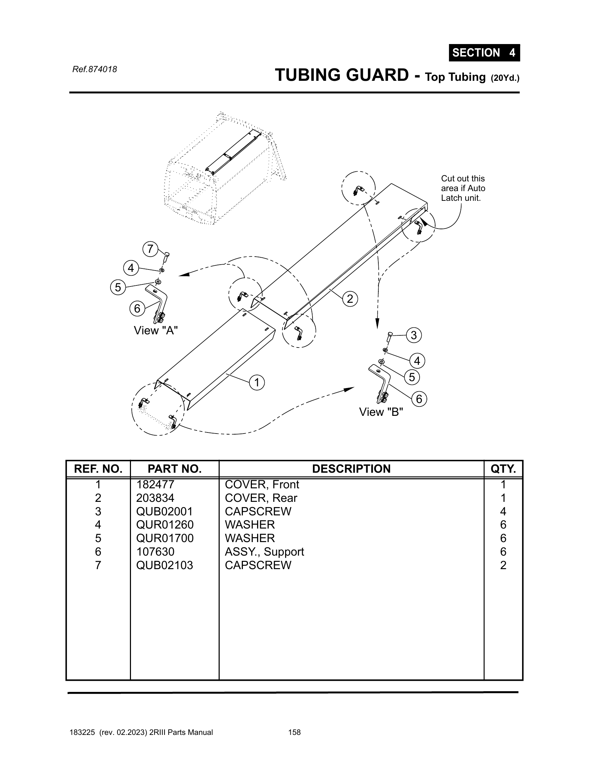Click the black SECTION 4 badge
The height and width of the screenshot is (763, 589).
tap(484, 53)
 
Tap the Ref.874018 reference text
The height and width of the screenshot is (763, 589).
tap(95, 69)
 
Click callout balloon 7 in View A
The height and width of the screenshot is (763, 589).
tap(150, 249)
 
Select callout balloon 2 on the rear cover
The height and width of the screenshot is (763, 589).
tap(350, 299)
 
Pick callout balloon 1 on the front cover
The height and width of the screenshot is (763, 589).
tap(257, 383)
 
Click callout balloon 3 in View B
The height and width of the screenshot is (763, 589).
tap(413, 335)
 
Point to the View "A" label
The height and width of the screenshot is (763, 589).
tap(156, 331)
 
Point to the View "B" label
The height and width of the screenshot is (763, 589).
tap(381, 412)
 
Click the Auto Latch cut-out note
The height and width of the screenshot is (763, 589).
tap(463, 188)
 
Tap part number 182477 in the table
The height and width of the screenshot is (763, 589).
tap(155, 485)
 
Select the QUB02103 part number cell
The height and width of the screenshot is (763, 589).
tap(164, 565)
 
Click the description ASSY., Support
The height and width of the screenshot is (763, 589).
tap(264, 552)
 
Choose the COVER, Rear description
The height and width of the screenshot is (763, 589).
tap(261, 498)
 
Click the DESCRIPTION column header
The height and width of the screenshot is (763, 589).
tap(351, 469)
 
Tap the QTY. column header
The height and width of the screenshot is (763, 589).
tap(503, 469)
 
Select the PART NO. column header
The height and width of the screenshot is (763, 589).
tap(175, 469)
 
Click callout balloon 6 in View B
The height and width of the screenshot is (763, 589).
tap(419, 399)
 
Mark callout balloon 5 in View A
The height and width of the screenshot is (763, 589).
tap(118, 288)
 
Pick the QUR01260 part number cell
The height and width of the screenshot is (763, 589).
tap(165, 525)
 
